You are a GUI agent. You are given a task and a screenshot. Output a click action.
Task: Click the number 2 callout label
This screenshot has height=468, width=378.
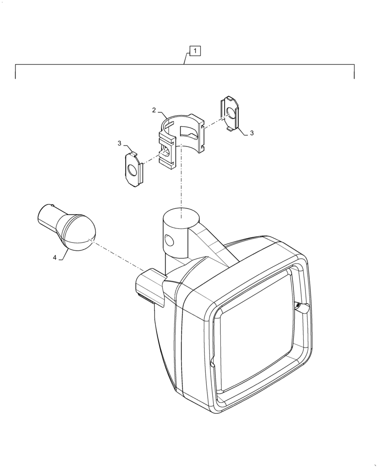tap(154, 110)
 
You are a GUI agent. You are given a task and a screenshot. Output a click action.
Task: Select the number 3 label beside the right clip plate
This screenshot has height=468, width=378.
tap(251, 133)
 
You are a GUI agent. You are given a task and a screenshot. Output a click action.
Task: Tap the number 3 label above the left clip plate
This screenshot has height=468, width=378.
tap(120, 143)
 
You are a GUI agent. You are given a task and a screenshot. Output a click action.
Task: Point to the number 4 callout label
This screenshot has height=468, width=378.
tap(55, 258)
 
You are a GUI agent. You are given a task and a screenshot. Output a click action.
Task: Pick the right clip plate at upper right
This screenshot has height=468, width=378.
tap(230, 113)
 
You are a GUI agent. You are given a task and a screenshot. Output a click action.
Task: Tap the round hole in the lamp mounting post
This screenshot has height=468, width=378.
tap(169, 241)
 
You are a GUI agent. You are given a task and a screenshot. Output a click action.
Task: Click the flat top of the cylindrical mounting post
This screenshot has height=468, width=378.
tap(181, 216)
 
